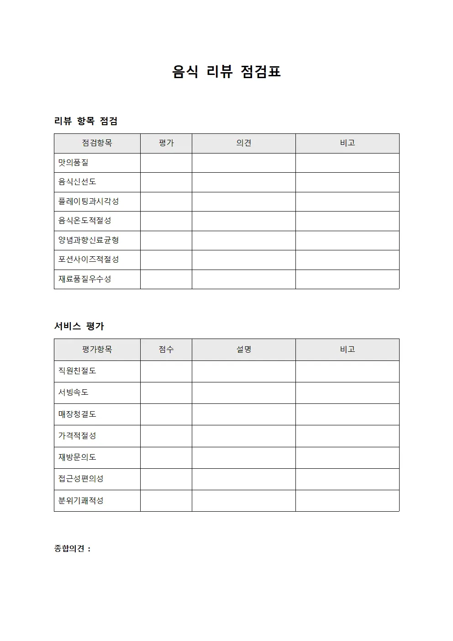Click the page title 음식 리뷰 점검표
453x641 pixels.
(x=226, y=72)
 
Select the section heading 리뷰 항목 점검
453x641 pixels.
(x=86, y=121)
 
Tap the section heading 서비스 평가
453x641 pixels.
(x=79, y=326)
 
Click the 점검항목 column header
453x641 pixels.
(x=97, y=143)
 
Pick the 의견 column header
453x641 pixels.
(x=243, y=143)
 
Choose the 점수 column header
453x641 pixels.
(x=166, y=350)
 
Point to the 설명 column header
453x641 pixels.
(x=243, y=350)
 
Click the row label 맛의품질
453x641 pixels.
(x=73, y=163)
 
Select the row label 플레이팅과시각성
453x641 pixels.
(x=88, y=201)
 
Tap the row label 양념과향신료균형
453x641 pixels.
(x=88, y=240)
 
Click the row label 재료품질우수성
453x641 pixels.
(x=84, y=279)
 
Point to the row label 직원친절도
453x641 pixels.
(x=77, y=371)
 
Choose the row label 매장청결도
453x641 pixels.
(x=77, y=414)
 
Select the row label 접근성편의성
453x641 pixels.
(x=81, y=479)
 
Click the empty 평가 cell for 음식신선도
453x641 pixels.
(x=166, y=182)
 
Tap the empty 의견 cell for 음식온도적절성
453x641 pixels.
(x=243, y=221)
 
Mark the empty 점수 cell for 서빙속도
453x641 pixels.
(x=166, y=393)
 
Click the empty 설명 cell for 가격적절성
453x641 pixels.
(x=243, y=436)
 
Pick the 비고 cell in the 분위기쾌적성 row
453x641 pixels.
(x=347, y=501)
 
